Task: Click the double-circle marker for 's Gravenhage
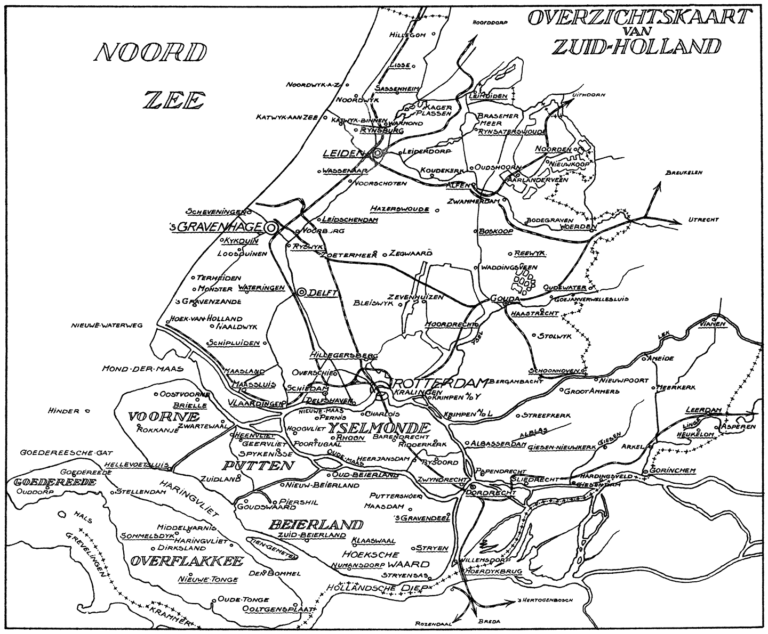[271, 227]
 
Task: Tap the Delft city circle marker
[301, 292]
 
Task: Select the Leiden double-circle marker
[378, 153]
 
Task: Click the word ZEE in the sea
[175, 100]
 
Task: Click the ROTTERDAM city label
[440, 383]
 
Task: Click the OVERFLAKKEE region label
[186, 561]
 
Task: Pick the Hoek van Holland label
[198, 319]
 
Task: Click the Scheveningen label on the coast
[214, 212]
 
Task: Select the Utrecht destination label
[703, 220]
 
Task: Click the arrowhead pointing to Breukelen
[659, 185]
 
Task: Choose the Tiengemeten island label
[272, 548]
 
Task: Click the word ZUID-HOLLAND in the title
[637, 47]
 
